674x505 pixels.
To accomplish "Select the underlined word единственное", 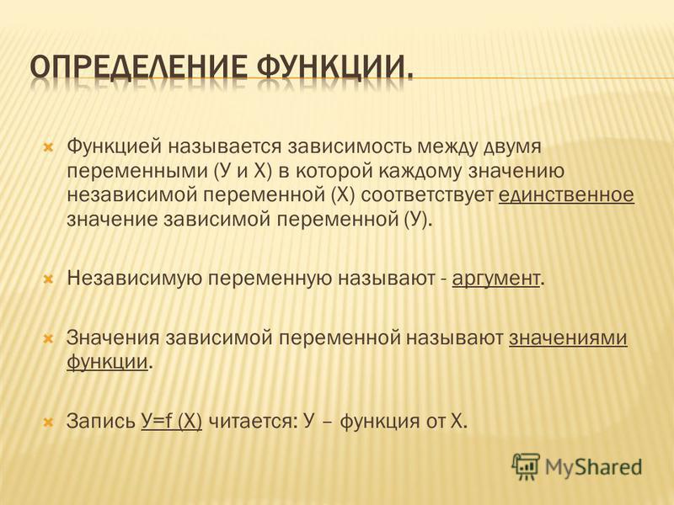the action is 566,195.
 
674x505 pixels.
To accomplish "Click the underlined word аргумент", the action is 495,279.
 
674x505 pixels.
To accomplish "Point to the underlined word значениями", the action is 568,338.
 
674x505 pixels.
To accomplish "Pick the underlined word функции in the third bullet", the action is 107,362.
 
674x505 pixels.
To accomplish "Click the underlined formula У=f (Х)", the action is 172,421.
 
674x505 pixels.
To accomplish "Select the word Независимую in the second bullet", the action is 135,279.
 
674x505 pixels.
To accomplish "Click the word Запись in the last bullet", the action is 100,421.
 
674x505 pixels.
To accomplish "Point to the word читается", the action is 253,422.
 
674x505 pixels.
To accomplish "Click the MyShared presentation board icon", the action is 525,466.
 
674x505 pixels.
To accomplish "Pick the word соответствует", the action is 427,196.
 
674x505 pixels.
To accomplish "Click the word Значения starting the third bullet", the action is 113,338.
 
